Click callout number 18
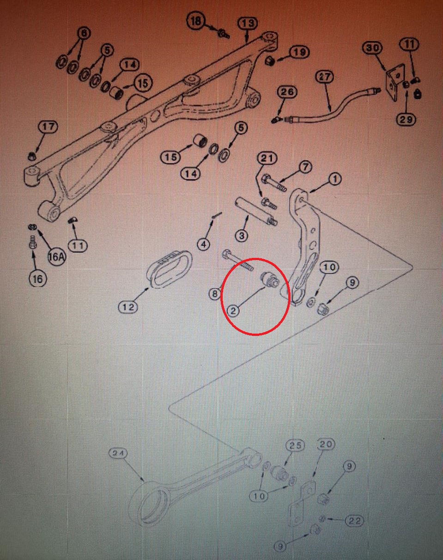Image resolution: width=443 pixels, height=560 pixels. click(x=196, y=20)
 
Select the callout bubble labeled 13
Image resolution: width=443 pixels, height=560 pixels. click(x=248, y=24)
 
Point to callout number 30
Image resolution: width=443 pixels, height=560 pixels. click(x=372, y=48)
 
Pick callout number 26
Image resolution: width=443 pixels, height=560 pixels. click(x=287, y=92)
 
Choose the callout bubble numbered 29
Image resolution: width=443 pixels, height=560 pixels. click(x=406, y=120)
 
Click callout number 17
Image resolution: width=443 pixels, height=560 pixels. click(x=49, y=127)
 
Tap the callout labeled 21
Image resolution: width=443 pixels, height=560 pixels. click(x=267, y=158)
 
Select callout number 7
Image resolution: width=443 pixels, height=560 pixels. click(x=305, y=166)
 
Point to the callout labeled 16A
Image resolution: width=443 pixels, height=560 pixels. click(x=56, y=257)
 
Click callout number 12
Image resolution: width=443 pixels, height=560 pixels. click(x=128, y=307)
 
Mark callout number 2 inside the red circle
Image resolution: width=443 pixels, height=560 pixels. click(x=233, y=310)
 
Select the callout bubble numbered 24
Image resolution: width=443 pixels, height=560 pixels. click(x=118, y=453)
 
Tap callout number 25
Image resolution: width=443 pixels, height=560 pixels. click(x=295, y=445)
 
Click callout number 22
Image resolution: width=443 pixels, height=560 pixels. click(x=354, y=526)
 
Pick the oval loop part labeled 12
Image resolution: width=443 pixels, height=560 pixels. click(x=170, y=269)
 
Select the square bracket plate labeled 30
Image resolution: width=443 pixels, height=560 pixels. click(x=395, y=83)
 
